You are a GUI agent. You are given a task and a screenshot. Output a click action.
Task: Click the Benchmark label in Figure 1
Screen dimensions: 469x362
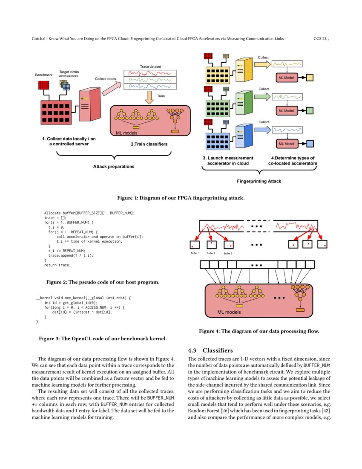(43, 75)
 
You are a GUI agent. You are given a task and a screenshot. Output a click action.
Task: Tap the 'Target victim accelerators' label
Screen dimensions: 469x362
(69, 74)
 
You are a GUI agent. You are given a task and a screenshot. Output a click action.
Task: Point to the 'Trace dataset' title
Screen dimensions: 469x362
(150, 67)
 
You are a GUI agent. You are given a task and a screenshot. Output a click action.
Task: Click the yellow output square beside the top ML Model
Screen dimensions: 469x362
(310, 78)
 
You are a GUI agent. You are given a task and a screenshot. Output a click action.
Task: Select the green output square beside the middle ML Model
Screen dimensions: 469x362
(310, 111)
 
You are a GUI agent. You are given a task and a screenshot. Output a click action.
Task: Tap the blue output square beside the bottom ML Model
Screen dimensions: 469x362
(310, 144)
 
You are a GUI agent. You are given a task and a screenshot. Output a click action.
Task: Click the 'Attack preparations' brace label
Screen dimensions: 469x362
(114, 166)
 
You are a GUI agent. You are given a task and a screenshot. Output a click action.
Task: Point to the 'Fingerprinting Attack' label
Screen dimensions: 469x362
(259, 181)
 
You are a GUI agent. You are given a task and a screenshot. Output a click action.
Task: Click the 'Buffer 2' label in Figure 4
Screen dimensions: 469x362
(211, 253)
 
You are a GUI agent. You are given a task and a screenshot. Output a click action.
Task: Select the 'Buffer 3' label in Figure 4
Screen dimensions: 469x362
(228, 253)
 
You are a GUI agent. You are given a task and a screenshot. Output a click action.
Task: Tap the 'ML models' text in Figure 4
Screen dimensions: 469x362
(229, 312)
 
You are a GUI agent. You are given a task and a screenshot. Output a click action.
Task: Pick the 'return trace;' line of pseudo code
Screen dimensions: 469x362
(57, 265)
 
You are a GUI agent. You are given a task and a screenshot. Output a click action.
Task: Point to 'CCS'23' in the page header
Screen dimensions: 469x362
(321, 38)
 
